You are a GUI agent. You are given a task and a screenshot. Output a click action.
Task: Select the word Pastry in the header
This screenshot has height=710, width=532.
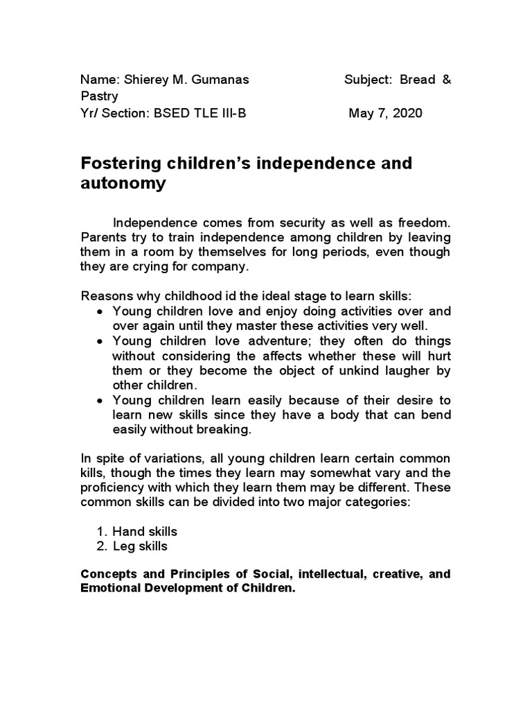click(99, 96)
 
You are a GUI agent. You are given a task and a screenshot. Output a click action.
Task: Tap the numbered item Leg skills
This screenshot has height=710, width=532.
click(140, 546)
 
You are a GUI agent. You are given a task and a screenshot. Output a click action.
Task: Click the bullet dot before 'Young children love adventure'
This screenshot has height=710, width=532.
click(100, 341)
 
